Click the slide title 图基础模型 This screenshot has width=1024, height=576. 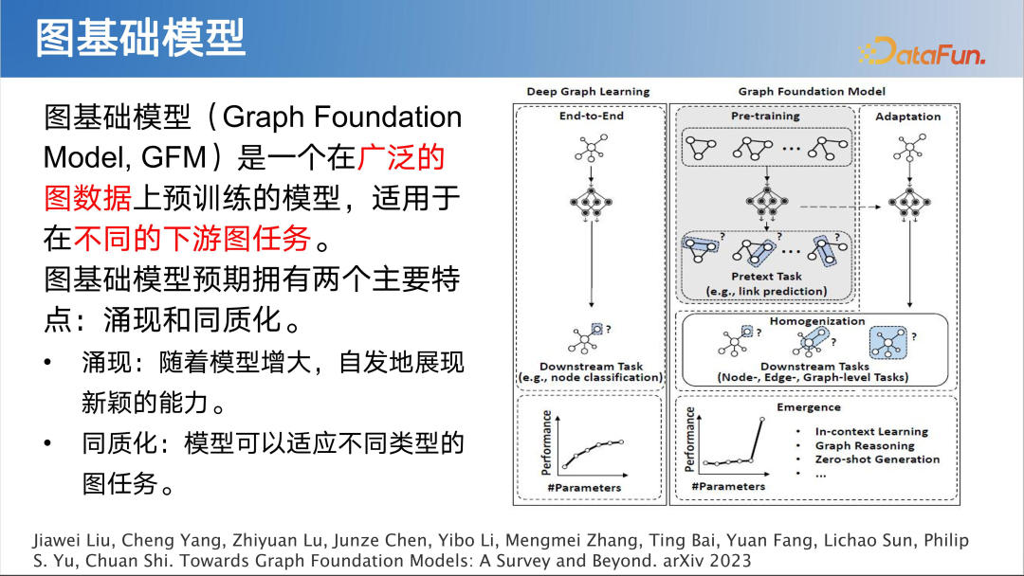(x=140, y=38)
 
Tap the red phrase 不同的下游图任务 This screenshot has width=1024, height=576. (x=193, y=239)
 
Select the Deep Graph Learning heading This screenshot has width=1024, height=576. (x=588, y=92)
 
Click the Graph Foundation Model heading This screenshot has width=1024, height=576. (x=812, y=92)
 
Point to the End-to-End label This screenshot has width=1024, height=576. (x=591, y=117)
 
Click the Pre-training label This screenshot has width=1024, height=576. (x=765, y=117)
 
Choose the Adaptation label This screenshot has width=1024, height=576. (x=907, y=117)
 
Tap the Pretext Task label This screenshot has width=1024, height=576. (x=766, y=277)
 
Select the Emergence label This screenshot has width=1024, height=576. (x=809, y=407)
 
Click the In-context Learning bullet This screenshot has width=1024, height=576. (x=871, y=432)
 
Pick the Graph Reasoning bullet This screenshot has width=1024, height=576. (x=864, y=445)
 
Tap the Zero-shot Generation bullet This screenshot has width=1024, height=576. (x=877, y=459)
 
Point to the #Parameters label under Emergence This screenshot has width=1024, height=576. (x=728, y=486)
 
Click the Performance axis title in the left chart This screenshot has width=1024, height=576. (x=546, y=442)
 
